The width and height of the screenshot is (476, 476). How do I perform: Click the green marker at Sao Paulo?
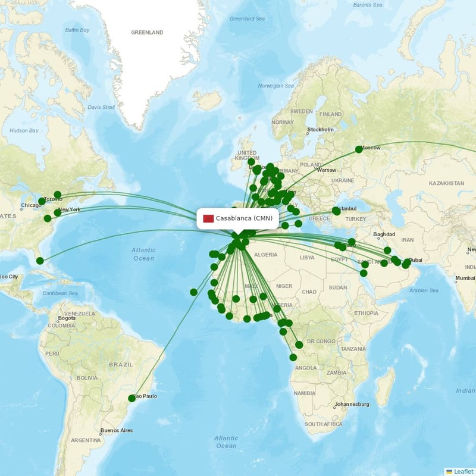(132, 398)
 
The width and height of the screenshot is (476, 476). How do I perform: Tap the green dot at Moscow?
(359, 149)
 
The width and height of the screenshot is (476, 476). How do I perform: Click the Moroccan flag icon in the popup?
(208, 218)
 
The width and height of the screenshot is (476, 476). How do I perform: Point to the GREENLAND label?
(147, 33)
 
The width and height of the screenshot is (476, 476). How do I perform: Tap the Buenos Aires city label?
(116, 430)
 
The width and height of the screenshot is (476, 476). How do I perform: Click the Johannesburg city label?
(351, 405)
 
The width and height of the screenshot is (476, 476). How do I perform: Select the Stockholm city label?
(320, 130)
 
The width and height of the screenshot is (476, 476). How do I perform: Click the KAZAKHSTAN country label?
(445, 183)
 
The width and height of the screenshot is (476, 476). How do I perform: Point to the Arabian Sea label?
(423, 290)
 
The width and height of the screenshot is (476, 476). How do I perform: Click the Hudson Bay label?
(24, 130)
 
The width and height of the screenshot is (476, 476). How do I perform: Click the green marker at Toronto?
(42, 201)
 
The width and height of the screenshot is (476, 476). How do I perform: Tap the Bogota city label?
(67, 318)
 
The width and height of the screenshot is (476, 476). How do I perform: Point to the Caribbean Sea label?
(59, 293)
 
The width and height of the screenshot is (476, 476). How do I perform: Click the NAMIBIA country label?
(304, 393)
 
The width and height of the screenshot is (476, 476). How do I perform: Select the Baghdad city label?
(384, 234)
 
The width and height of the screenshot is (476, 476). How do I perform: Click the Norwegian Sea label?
(276, 86)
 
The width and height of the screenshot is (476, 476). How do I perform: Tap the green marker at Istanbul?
(336, 211)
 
